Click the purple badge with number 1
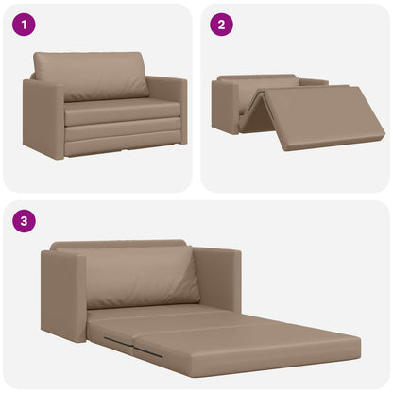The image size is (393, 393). pyautogui.click(x=24, y=26)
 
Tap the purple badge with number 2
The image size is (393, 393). pyautogui.click(x=220, y=26)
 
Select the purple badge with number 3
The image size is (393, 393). pyautogui.click(x=24, y=223)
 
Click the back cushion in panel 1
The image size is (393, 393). pyautogui.click(x=91, y=76)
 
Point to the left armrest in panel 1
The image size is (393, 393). pyautogui.click(x=43, y=118)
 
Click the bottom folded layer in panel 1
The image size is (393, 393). pyautogui.click(x=118, y=144)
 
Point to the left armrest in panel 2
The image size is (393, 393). pyautogui.click(x=225, y=106)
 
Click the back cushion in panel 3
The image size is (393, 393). pyautogui.click(x=142, y=276)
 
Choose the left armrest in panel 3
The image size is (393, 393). pyautogui.click(x=63, y=295)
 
